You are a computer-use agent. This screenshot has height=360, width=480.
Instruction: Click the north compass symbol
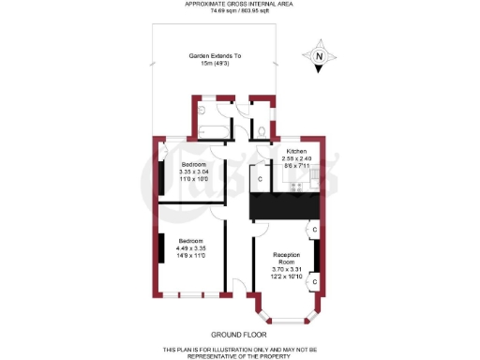[x=319, y=57]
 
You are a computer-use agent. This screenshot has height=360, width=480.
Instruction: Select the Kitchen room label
[x=297, y=150]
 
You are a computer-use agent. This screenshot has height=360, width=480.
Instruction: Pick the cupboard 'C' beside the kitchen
[x=259, y=178]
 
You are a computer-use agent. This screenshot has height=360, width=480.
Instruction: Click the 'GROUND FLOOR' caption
[x=239, y=335]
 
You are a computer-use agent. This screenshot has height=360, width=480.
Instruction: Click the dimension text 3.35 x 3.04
[x=194, y=172]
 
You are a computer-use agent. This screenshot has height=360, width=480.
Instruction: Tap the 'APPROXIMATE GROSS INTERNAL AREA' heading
[x=240, y=5]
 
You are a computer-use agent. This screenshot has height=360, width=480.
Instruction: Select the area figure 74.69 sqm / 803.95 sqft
[x=240, y=12]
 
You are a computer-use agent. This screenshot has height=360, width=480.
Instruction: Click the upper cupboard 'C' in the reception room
[x=314, y=229]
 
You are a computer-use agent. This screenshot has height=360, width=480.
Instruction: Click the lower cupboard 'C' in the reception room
[x=314, y=280]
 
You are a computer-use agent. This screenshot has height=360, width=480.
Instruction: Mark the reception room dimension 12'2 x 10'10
[x=287, y=277]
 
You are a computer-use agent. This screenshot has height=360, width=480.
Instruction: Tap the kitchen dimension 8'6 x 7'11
[x=297, y=165]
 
